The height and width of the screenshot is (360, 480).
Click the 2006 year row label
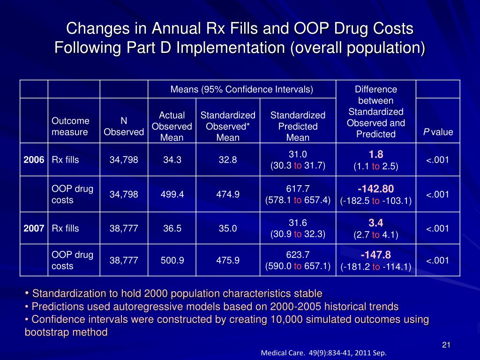pyautogui.click(x=34, y=160)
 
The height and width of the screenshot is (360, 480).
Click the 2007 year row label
pyautogui.click(x=34, y=229)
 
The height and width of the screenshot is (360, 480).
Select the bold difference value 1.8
pyautogui.click(x=376, y=154)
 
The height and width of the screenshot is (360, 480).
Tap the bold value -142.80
pyautogui.click(x=376, y=189)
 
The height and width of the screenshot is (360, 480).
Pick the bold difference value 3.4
pyautogui.click(x=376, y=223)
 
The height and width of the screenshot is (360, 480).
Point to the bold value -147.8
pyautogui.click(x=376, y=255)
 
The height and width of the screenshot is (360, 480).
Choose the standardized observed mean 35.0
pyautogui.click(x=228, y=229)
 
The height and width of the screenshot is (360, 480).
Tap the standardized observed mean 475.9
pyautogui.click(x=228, y=260)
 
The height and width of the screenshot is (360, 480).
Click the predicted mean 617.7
pyautogui.click(x=298, y=189)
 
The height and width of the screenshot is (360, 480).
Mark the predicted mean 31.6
pyautogui.click(x=298, y=223)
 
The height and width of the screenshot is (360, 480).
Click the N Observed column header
pyautogui.click(x=124, y=127)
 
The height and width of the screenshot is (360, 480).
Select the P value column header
pyautogui.click(x=438, y=132)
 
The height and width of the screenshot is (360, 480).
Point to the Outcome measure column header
pyautogui.click(x=70, y=127)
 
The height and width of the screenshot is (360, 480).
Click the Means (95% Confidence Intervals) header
pyautogui.click(x=241, y=90)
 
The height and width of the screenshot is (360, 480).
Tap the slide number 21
pyautogui.click(x=446, y=345)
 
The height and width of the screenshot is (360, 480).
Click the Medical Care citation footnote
pyautogui.click(x=323, y=353)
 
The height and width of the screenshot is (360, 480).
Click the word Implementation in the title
pyautogui.click(x=231, y=48)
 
